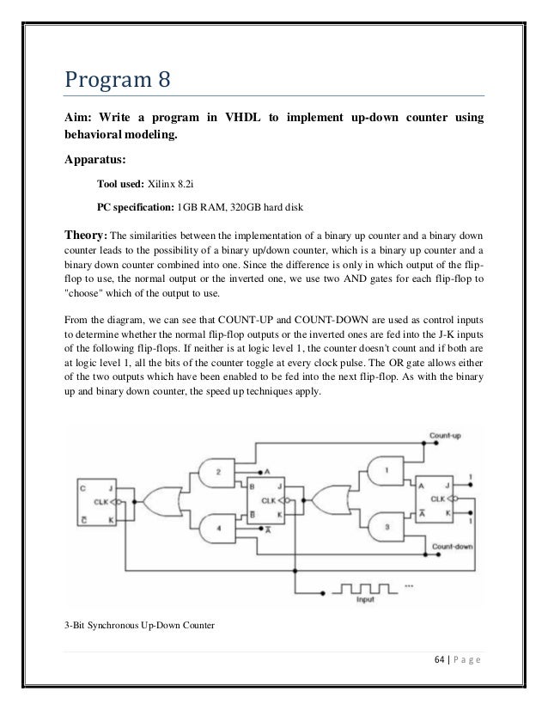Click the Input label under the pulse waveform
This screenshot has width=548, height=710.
point(365,600)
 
